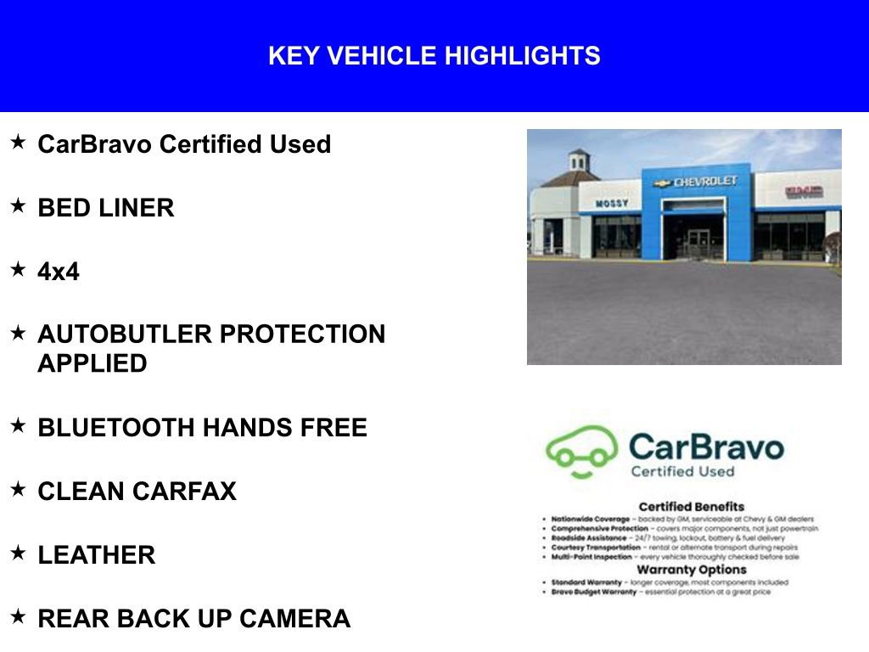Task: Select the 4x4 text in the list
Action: coord(59,272)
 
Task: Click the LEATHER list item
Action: coord(97,555)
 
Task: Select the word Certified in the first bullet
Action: coord(211,144)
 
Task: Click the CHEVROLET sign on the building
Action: coord(704,182)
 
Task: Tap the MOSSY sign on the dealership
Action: coord(612,204)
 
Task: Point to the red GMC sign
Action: coord(803,192)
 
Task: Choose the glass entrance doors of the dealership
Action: coord(699,243)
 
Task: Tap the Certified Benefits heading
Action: coord(691,507)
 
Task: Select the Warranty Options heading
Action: coord(691,570)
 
